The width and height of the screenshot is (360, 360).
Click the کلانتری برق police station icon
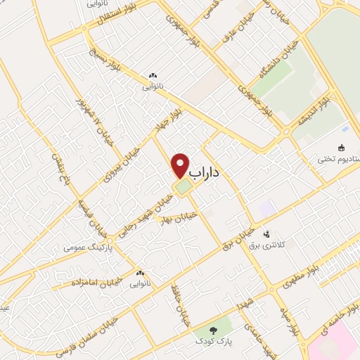[x=266, y=234]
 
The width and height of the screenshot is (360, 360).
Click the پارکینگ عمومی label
[x=84, y=247]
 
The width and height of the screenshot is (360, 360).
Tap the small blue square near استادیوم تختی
[x=344, y=129]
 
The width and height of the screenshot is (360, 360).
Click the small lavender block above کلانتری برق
[x=266, y=208]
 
